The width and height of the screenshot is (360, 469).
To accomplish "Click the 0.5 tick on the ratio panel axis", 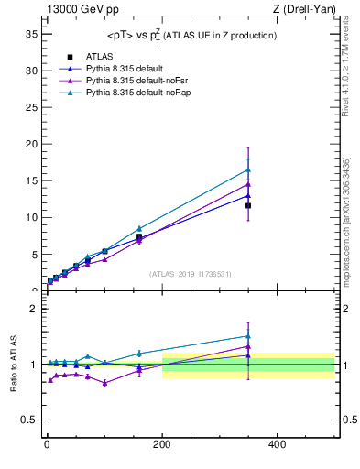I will tap(28, 420).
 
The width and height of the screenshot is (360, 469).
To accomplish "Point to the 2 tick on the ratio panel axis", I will tap(32, 309).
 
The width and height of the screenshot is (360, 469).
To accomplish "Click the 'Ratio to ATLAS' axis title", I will tap(12, 364).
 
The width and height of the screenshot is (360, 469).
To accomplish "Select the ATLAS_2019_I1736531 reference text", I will tap(191, 274).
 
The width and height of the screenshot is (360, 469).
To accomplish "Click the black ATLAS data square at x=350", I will tap(248, 205).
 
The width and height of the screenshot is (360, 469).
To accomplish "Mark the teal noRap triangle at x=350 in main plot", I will tap(248, 169).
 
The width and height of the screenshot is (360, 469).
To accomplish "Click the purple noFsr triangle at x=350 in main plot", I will tap(248, 184).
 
